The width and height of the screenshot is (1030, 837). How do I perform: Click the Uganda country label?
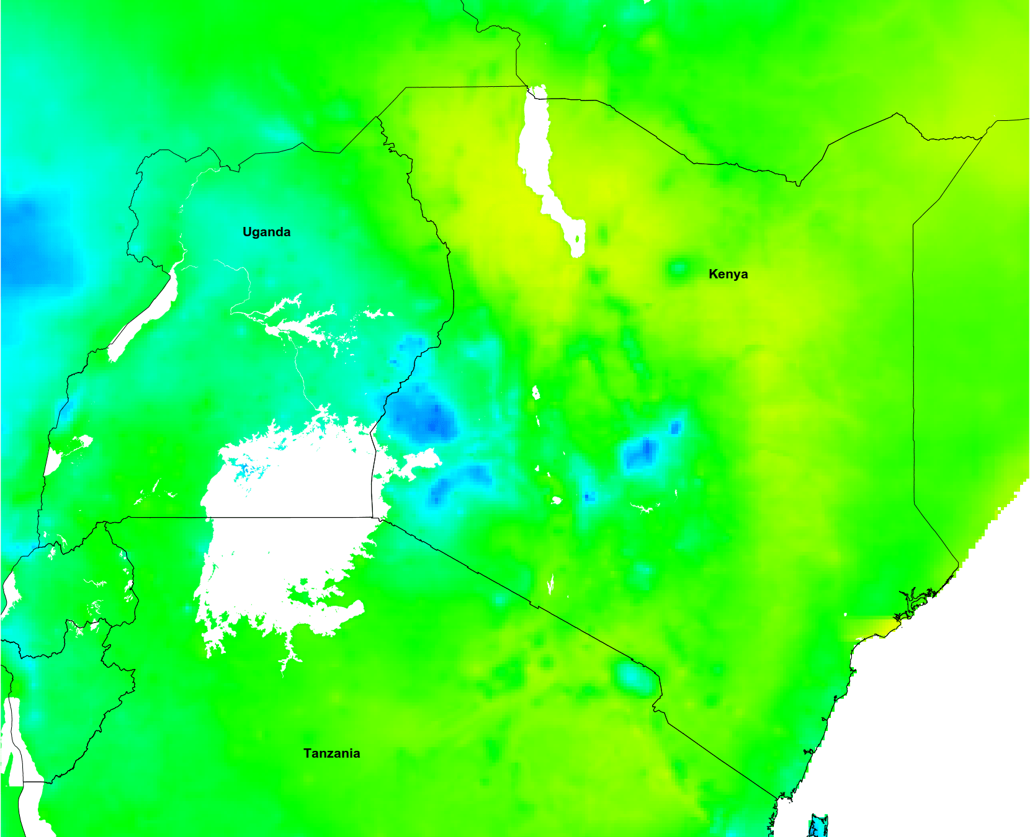tap(266, 232)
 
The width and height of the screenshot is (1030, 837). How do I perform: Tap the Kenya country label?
tap(728, 274)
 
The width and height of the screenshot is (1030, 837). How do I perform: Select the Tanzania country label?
tap(331, 753)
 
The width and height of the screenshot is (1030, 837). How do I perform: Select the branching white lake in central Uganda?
tap(292, 322)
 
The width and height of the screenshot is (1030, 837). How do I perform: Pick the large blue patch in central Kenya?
tap(642, 453)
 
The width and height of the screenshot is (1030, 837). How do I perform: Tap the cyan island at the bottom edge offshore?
tap(818, 826)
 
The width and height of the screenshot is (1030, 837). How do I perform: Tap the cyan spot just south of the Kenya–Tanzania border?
tap(633, 676)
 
